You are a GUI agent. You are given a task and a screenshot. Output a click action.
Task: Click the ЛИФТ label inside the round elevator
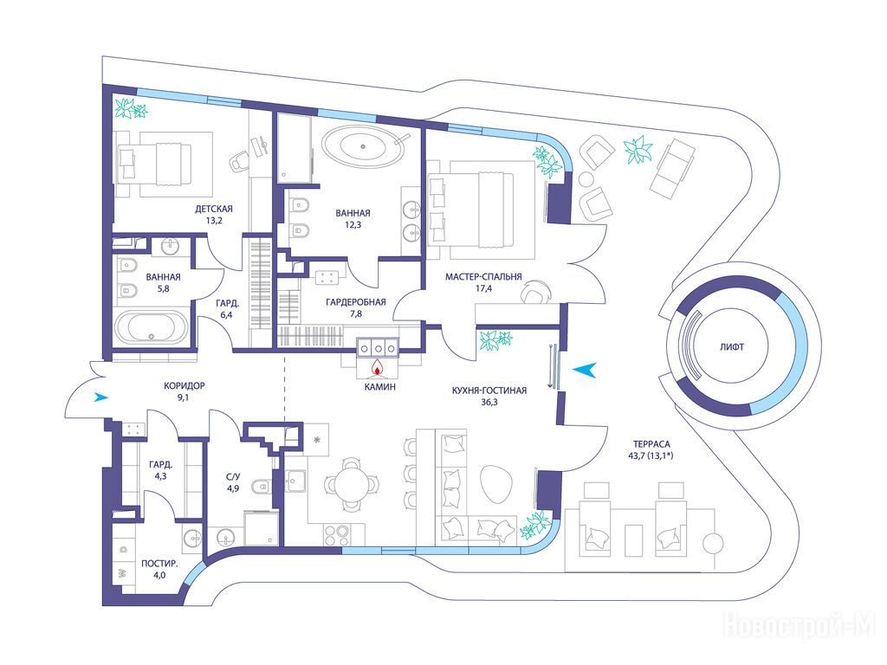(731, 347)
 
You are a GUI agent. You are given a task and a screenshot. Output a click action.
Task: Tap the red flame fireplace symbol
(378, 368)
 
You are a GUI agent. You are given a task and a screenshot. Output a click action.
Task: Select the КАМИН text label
(379, 387)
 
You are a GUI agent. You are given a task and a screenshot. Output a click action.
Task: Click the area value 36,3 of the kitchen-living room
(489, 403)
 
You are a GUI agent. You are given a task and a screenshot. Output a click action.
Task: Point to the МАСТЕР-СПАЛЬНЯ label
(483, 277)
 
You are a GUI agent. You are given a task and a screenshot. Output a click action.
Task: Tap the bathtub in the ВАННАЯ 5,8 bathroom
(151, 327)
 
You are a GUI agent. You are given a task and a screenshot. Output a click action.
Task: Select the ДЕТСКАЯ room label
(214, 209)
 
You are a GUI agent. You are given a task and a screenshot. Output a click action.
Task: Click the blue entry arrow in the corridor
(101, 397)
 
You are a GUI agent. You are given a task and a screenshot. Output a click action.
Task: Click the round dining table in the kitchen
(352, 485)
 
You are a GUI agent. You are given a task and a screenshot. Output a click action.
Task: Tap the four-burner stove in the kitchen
(337, 533)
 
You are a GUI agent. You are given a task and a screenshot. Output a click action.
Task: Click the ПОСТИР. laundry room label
(159, 564)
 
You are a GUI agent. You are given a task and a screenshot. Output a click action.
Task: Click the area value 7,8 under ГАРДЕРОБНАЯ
(355, 313)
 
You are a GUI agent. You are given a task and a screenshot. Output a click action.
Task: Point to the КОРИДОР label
(184, 386)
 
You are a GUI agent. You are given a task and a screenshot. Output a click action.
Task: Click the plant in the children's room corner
(131, 107)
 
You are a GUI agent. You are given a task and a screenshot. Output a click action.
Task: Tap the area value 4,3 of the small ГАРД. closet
(160, 476)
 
